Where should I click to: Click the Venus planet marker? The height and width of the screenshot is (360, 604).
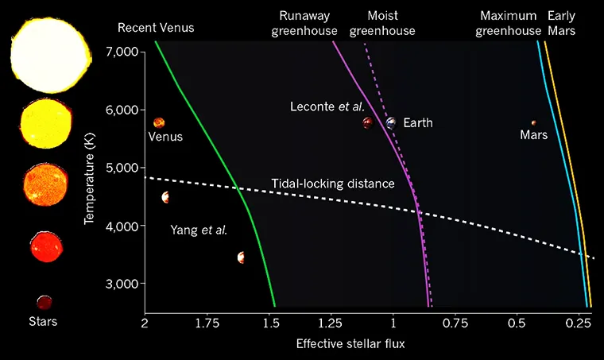(x=159, y=122)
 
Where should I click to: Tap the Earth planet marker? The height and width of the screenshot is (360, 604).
(x=391, y=123)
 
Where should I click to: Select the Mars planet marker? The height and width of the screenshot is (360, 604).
(x=534, y=123)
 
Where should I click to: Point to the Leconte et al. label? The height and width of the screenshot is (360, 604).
(x=327, y=106)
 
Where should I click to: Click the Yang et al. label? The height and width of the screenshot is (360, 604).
(x=199, y=230)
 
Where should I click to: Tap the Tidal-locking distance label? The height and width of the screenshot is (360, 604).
(x=333, y=184)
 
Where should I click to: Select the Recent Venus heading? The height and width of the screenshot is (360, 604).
(x=156, y=28)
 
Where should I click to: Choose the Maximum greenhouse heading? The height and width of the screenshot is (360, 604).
(x=509, y=22)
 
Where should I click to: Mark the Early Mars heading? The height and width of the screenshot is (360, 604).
(x=562, y=22)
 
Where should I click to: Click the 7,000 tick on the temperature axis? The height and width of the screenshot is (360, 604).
(x=121, y=52)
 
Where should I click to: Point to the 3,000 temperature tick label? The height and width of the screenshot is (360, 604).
(x=121, y=284)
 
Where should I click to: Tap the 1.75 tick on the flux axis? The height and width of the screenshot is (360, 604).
(x=207, y=323)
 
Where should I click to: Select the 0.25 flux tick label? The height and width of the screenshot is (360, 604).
(x=579, y=323)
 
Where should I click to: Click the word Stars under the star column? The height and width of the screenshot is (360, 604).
(x=43, y=322)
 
